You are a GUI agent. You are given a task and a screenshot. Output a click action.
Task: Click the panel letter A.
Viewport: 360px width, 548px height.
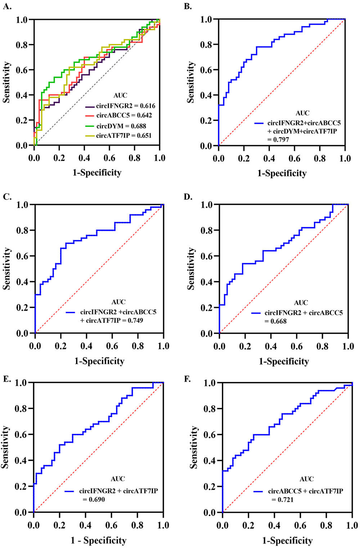coord(7,6)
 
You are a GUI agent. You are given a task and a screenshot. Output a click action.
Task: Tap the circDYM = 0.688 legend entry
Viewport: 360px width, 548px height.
coord(121,126)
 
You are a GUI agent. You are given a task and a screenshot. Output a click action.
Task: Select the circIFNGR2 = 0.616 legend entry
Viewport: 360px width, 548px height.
coord(121,106)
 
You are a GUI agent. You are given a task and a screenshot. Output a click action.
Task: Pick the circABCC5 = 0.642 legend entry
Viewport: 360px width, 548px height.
coord(121,116)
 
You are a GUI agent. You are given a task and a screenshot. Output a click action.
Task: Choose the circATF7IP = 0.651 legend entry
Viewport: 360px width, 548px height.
coord(121,136)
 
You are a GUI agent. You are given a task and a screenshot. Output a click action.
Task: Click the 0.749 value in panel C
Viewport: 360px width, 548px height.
coord(135,320)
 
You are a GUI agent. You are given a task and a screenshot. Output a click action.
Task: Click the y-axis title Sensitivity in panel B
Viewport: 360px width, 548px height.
coord(191,82)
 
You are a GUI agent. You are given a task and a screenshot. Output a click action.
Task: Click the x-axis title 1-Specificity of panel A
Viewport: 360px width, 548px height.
coord(97,172)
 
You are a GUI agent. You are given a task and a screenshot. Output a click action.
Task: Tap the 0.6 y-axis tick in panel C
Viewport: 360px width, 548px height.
coord(22,256)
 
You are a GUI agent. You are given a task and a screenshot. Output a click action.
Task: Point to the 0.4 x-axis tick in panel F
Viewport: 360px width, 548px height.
coord(274,525)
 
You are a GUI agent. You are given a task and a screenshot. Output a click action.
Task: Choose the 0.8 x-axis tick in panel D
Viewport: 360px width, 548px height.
coord(322,346)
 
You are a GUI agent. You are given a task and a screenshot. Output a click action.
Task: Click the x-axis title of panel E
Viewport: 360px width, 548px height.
coord(98,540)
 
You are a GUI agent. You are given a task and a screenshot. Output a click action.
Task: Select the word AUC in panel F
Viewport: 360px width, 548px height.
coord(306,479)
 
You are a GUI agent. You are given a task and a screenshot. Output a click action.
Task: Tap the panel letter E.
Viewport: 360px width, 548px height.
coord(6,379)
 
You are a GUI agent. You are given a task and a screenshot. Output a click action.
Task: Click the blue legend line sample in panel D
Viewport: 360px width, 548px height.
coord(256,313)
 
